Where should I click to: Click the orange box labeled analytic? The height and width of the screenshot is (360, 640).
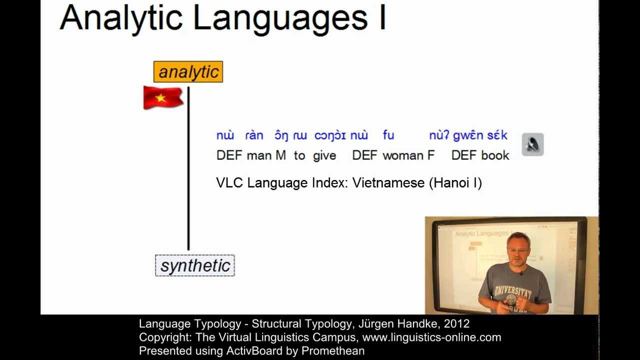(x=188, y=72)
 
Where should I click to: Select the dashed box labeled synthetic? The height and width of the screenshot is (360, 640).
(x=194, y=265)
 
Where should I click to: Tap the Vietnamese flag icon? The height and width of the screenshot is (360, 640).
(x=162, y=97)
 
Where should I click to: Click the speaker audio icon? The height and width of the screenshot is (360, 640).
(x=532, y=144)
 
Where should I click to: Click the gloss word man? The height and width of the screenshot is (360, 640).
(x=259, y=155)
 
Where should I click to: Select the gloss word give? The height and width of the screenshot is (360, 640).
(x=324, y=155)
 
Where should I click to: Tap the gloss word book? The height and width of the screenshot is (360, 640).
(x=495, y=155)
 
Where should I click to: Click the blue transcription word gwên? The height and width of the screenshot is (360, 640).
(x=469, y=135)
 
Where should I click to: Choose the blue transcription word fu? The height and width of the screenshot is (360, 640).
(x=388, y=135)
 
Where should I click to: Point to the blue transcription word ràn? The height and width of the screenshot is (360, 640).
(x=254, y=135)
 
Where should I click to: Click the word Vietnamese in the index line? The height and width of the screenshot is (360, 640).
(x=388, y=183)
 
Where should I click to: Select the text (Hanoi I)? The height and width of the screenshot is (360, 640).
(x=455, y=183)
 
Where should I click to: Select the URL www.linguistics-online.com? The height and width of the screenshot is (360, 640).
(x=431, y=337)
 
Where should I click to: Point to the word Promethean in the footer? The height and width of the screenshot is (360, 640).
(x=332, y=351)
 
